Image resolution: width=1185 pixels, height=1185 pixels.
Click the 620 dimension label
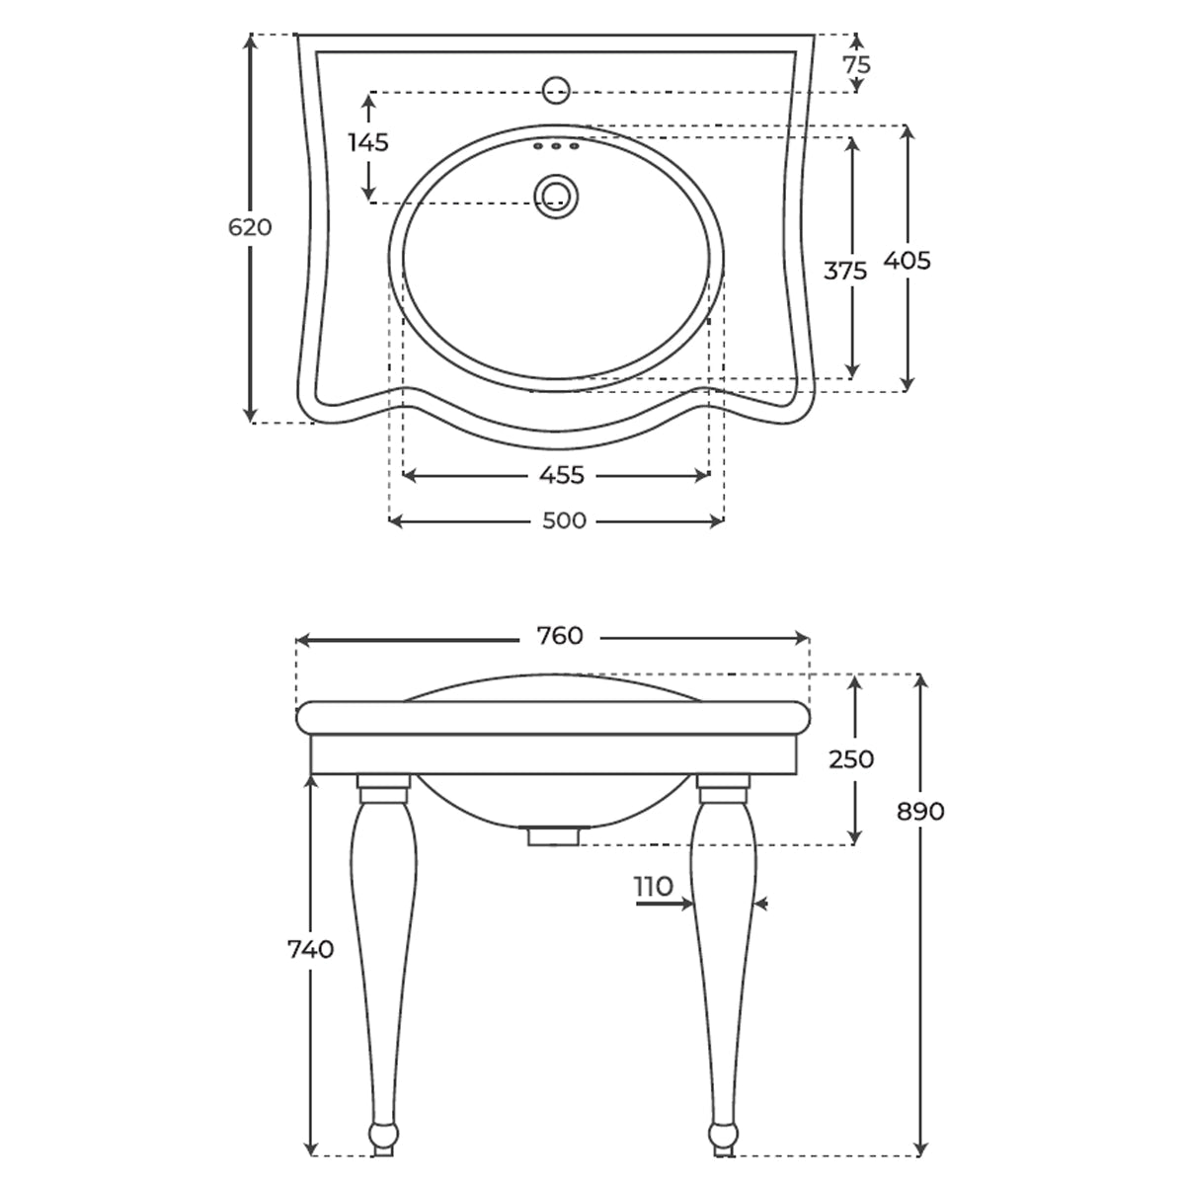tap(250, 227)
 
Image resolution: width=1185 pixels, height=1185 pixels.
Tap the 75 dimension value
tap(857, 64)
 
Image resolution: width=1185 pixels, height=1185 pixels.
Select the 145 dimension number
tap(368, 142)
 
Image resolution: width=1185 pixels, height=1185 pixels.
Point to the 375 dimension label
tap(845, 271)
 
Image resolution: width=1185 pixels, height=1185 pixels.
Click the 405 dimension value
tap(908, 261)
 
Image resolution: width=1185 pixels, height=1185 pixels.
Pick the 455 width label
tap(562, 475)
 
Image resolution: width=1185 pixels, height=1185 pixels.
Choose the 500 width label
tap(565, 520)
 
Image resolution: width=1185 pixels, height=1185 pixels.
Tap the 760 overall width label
tap(560, 636)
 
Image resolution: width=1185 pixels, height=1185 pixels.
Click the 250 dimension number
tap(851, 759)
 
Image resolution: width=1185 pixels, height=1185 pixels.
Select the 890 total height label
tap(920, 812)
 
